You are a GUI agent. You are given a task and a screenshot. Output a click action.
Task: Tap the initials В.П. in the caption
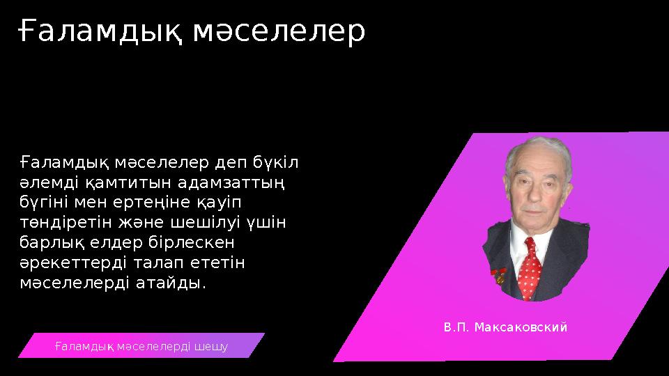pyautogui.click(x=457, y=327)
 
